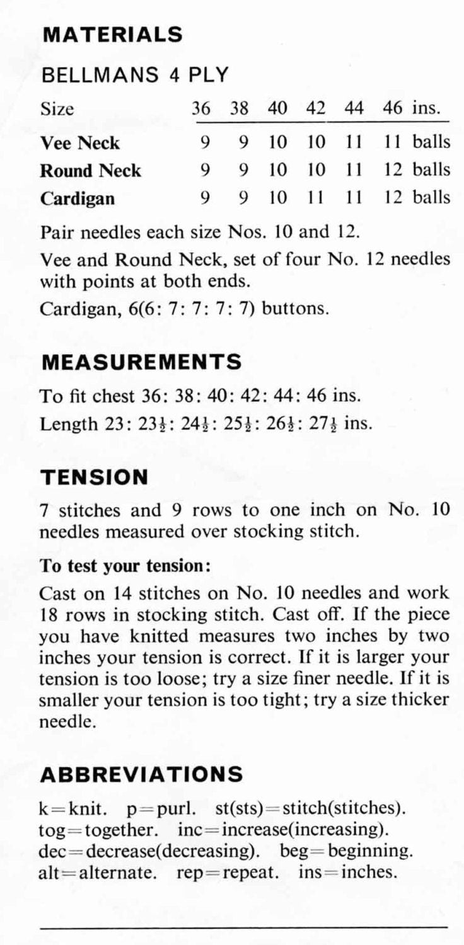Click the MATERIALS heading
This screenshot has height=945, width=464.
click(112, 34)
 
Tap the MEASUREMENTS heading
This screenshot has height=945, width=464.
click(141, 362)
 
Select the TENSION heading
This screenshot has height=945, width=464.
click(94, 477)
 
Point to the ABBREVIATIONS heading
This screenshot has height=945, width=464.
click(141, 774)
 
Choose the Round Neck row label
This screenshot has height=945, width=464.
click(91, 171)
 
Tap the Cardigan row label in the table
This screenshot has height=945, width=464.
click(78, 198)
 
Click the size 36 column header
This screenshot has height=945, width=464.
click(201, 108)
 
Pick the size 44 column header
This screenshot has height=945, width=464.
click(354, 108)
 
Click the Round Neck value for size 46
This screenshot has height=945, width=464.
click(393, 171)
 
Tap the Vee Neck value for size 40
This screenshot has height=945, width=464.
click(277, 143)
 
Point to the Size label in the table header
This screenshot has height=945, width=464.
click(57, 108)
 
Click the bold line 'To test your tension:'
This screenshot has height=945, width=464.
click(125, 565)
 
